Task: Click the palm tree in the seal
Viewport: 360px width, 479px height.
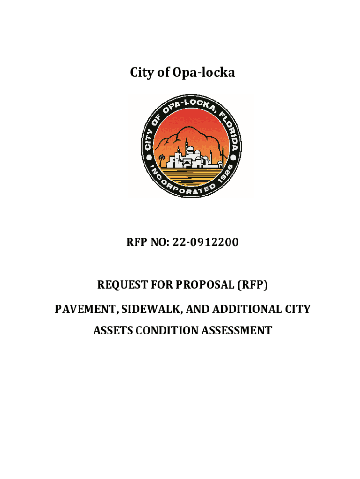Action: [x=162, y=160]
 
